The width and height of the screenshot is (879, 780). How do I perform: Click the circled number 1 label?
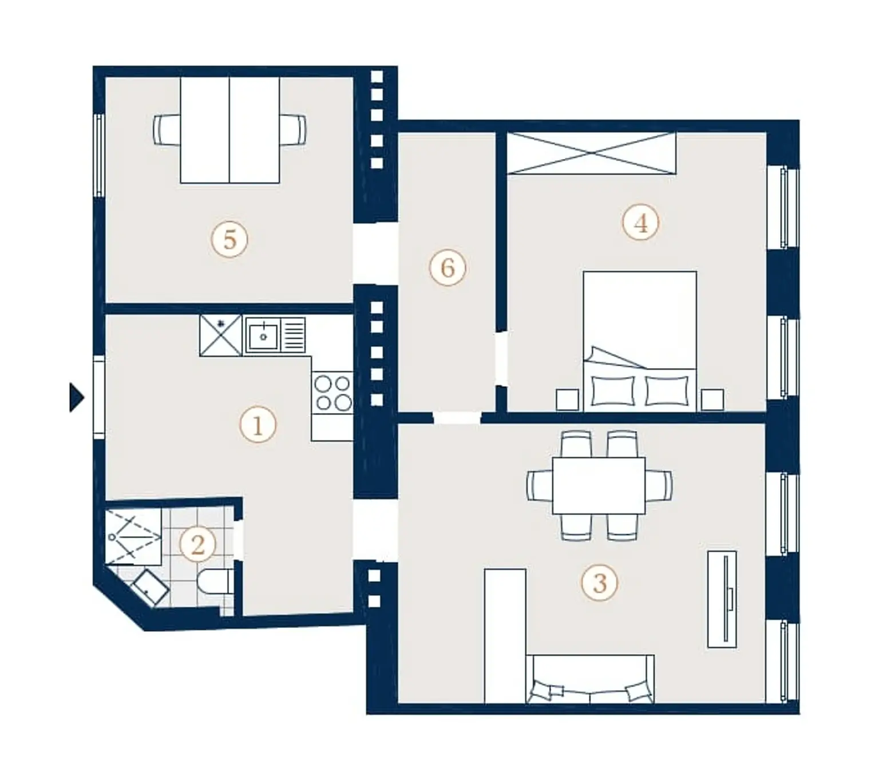coord(258,425)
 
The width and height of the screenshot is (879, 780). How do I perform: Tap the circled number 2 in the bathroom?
coord(197,544)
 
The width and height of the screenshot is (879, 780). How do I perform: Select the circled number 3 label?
coord(600,583)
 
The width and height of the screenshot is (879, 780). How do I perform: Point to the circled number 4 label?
coord(641,223)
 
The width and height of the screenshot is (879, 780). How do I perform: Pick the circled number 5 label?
coord(229,239)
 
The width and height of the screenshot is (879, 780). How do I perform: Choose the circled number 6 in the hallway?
coord(448,268)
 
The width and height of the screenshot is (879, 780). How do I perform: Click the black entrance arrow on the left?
coord(76,397)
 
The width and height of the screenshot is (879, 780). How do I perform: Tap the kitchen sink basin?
coord(263,334)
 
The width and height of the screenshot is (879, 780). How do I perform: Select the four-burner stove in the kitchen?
coord(332,393)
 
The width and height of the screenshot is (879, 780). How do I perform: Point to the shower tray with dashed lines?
coord(134,537)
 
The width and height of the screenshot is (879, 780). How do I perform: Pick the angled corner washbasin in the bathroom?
coord(150,587)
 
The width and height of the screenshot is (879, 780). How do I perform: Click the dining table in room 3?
coord(599,485)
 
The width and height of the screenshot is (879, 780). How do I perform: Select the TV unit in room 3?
coord(722,599)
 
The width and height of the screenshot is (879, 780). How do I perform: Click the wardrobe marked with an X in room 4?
coord(592,153)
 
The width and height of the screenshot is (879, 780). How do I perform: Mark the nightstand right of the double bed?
coord(712,399)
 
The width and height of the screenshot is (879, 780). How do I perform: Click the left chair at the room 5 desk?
coord(167,129)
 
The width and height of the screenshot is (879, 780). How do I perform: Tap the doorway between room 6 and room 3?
coord(457,417)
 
